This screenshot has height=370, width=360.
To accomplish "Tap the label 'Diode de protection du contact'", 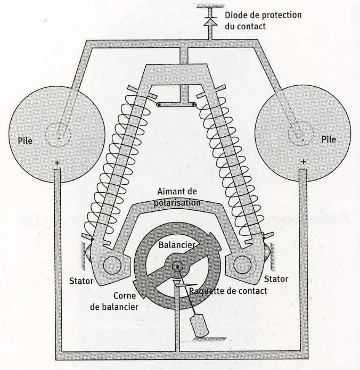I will tap(263, 20).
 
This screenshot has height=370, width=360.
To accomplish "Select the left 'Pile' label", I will tap(25, 141).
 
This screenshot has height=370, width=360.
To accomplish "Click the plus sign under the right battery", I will tap(303, 162).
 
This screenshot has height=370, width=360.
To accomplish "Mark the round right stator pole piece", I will tap(242, 264).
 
